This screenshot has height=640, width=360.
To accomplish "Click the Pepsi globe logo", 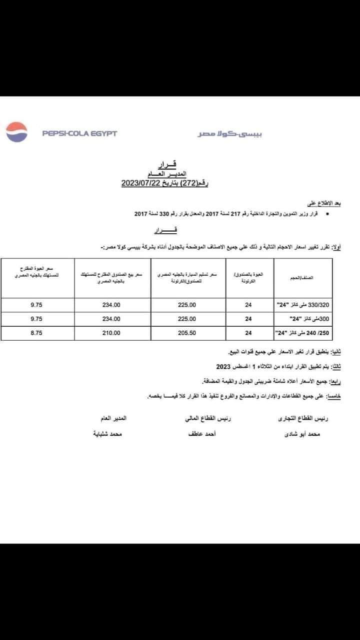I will tap(16, 132).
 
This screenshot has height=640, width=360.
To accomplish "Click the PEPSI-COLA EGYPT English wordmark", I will tap(79, 133).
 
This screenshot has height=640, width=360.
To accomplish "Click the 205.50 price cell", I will tap(187, 333).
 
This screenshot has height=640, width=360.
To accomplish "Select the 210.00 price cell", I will tap(111, 333).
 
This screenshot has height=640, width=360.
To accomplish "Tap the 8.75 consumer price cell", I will tap(36, 333).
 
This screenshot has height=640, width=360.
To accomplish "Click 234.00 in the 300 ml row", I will tap(111, 319).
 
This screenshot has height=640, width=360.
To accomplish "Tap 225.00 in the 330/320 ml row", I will tap(187, 305).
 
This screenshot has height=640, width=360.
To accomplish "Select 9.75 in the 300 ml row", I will tap(36, 319).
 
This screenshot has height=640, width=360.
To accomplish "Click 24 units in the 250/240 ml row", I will tap(248, 333).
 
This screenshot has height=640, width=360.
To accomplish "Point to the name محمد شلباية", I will tap(110, 435).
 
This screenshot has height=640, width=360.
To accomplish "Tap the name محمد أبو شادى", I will tap(301, 435).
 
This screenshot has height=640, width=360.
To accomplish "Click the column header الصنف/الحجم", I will tap(301, 278).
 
